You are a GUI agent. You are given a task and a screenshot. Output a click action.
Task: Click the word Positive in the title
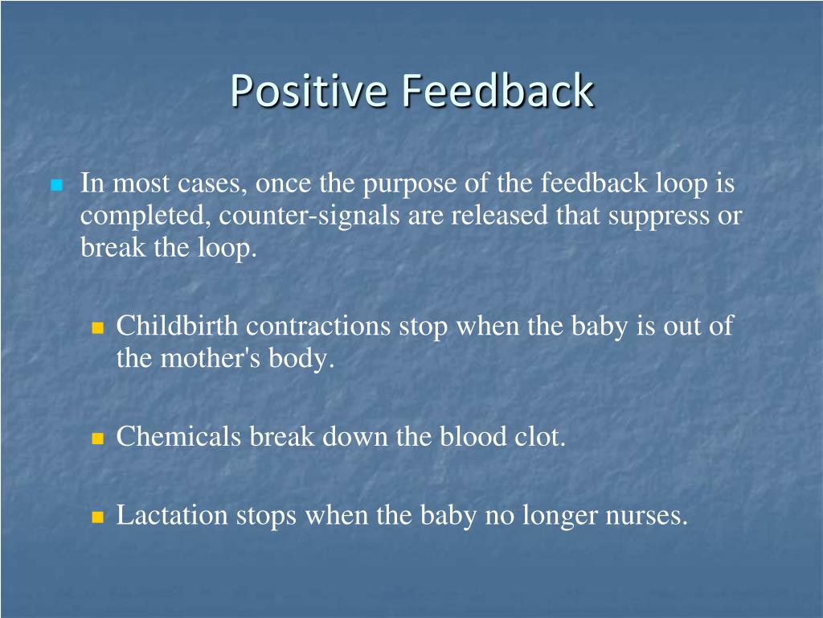309,91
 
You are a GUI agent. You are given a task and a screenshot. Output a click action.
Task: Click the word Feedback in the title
497,91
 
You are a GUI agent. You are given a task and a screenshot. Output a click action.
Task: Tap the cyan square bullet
56,186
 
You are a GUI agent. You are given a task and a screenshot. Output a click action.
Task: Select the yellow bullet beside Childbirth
98,328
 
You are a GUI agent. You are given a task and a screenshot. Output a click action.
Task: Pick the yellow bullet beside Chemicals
98,439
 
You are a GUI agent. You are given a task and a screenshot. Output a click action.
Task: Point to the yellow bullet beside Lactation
98,517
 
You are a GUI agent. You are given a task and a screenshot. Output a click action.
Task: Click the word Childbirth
178,326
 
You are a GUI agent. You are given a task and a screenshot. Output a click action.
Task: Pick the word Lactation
173,515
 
